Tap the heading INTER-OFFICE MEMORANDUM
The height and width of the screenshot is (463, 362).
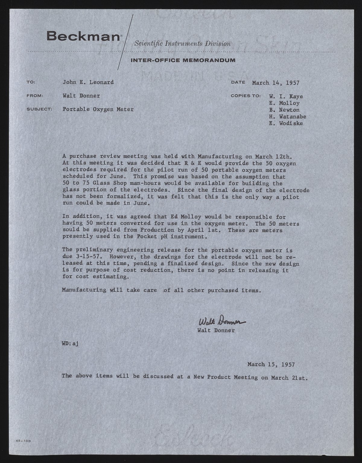[183, 60]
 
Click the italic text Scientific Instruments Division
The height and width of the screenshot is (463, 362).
[183, 44]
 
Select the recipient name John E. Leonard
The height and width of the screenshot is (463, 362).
[88, 82]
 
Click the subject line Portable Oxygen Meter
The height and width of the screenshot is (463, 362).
[98, 109]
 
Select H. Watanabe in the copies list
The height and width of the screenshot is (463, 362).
[287, 117]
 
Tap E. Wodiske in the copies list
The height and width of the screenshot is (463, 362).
[286, 123]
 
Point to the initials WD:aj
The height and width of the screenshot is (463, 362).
[70, 344]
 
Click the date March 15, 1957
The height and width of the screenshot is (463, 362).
[271, 364]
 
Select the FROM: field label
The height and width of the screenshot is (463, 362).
[35, 96]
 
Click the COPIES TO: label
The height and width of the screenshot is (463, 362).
[246, 96]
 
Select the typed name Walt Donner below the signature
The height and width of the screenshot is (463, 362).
[216, 330]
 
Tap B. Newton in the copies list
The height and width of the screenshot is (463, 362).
[284, 110]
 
